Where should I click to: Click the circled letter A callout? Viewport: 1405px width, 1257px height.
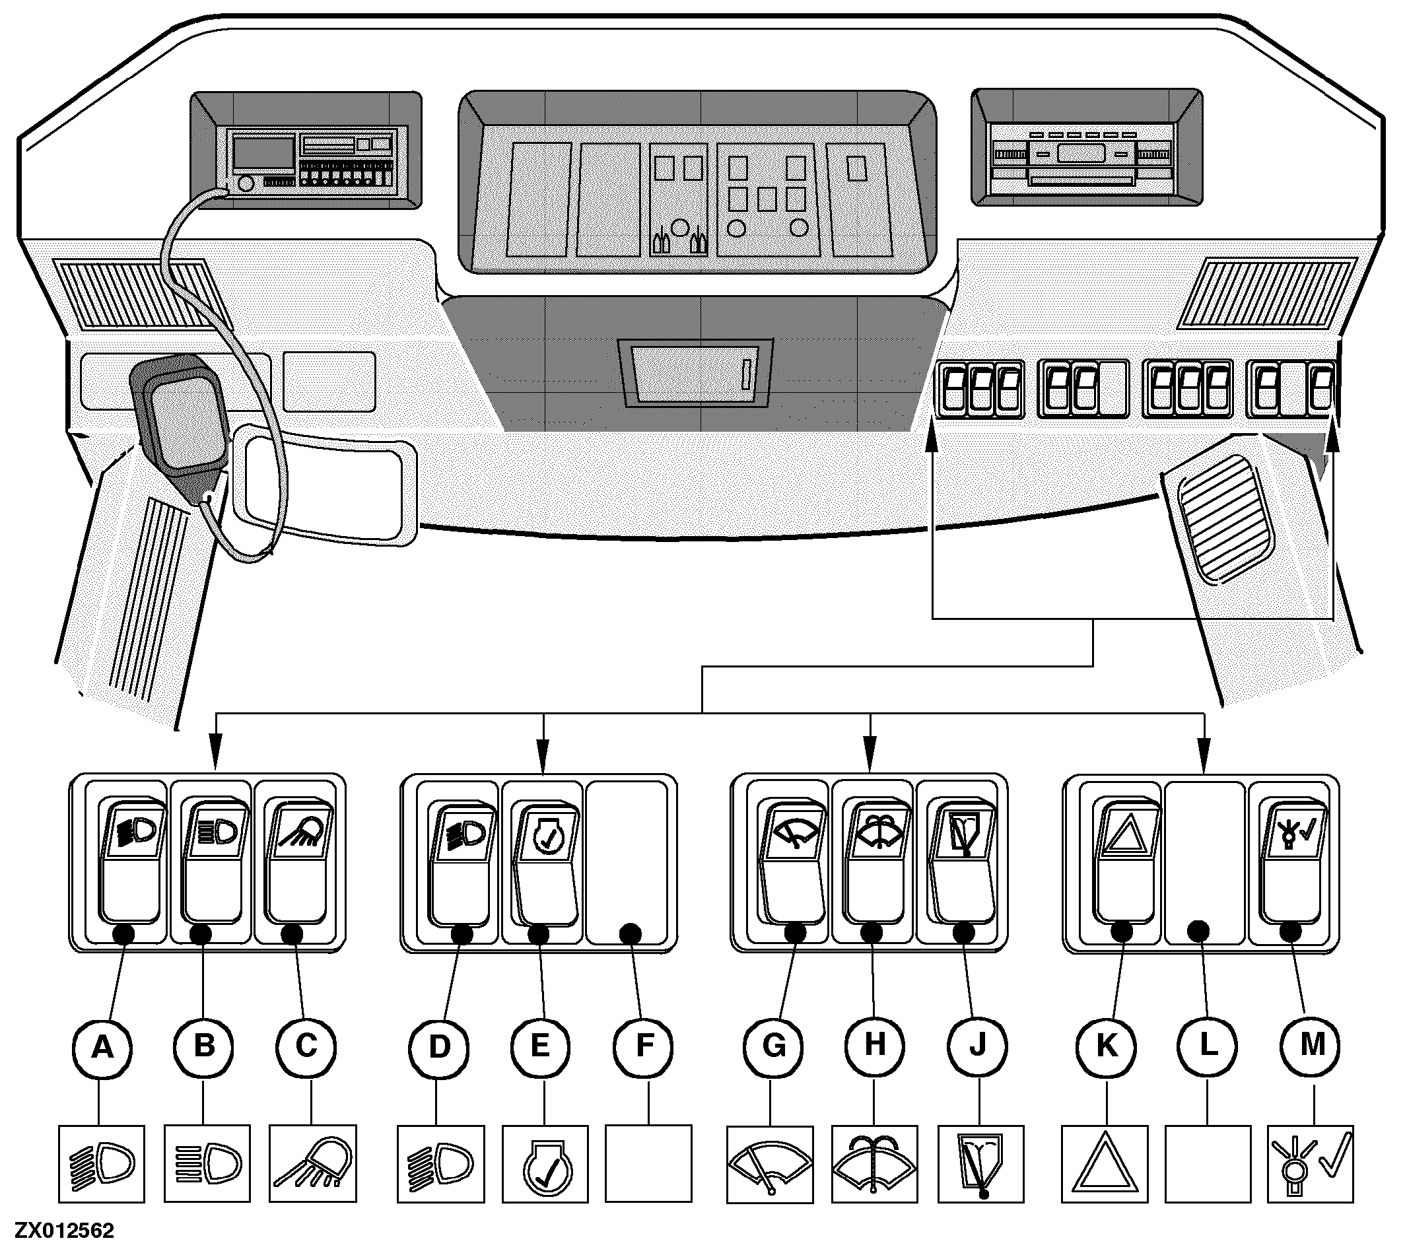pyautogui.click(x=102, y=1047)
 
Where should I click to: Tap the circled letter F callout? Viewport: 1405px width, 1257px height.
pyautogui.click(x=643, y=1047)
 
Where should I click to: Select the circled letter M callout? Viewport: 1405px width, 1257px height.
pyautogui.click(x=1312, y=1046)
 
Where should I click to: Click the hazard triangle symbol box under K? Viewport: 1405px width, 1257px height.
pyautogui.click(x=1104, y=1164)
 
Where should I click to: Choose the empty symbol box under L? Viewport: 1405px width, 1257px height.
pyautogui.click(x=1208, y=1164)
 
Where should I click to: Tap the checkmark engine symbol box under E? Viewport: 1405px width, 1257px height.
pyautogui.click(x=545, y=1164)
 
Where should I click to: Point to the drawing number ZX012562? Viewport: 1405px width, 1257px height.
pyautogui.click(x=65, y=1231)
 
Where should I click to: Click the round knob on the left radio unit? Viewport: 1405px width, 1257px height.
pyautogui.click(x=244, y=184)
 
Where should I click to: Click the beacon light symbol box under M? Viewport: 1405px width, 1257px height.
pyautogui.click(x=1311, y=1164)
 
